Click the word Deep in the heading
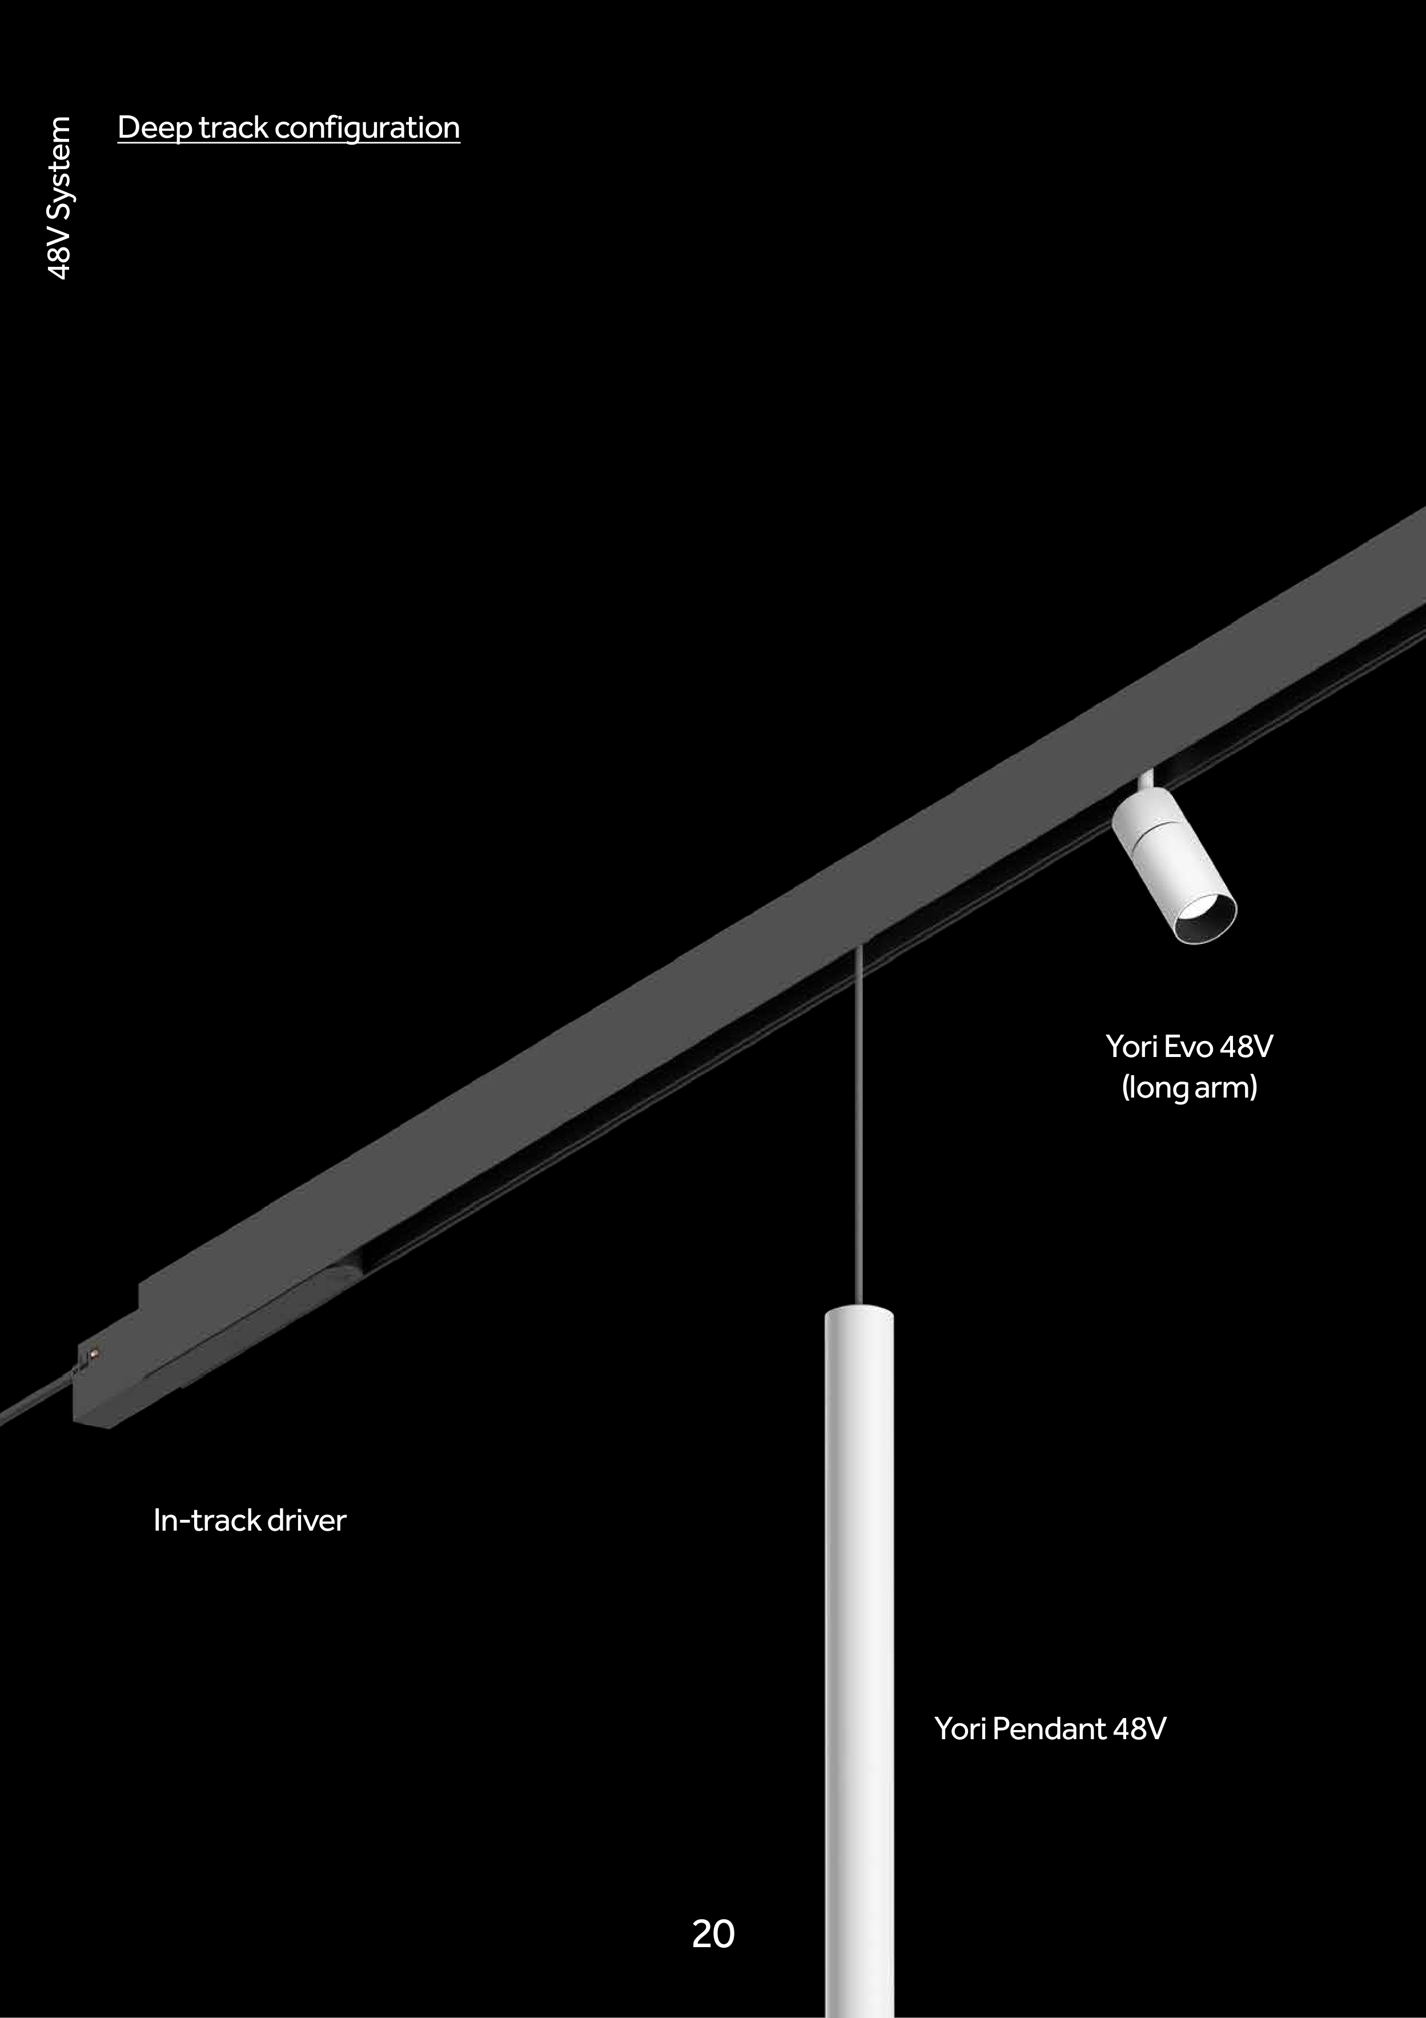(155, 129)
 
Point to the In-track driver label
(250, 1520)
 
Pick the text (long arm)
(1190, 1088)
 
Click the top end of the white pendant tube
(859, 1309)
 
